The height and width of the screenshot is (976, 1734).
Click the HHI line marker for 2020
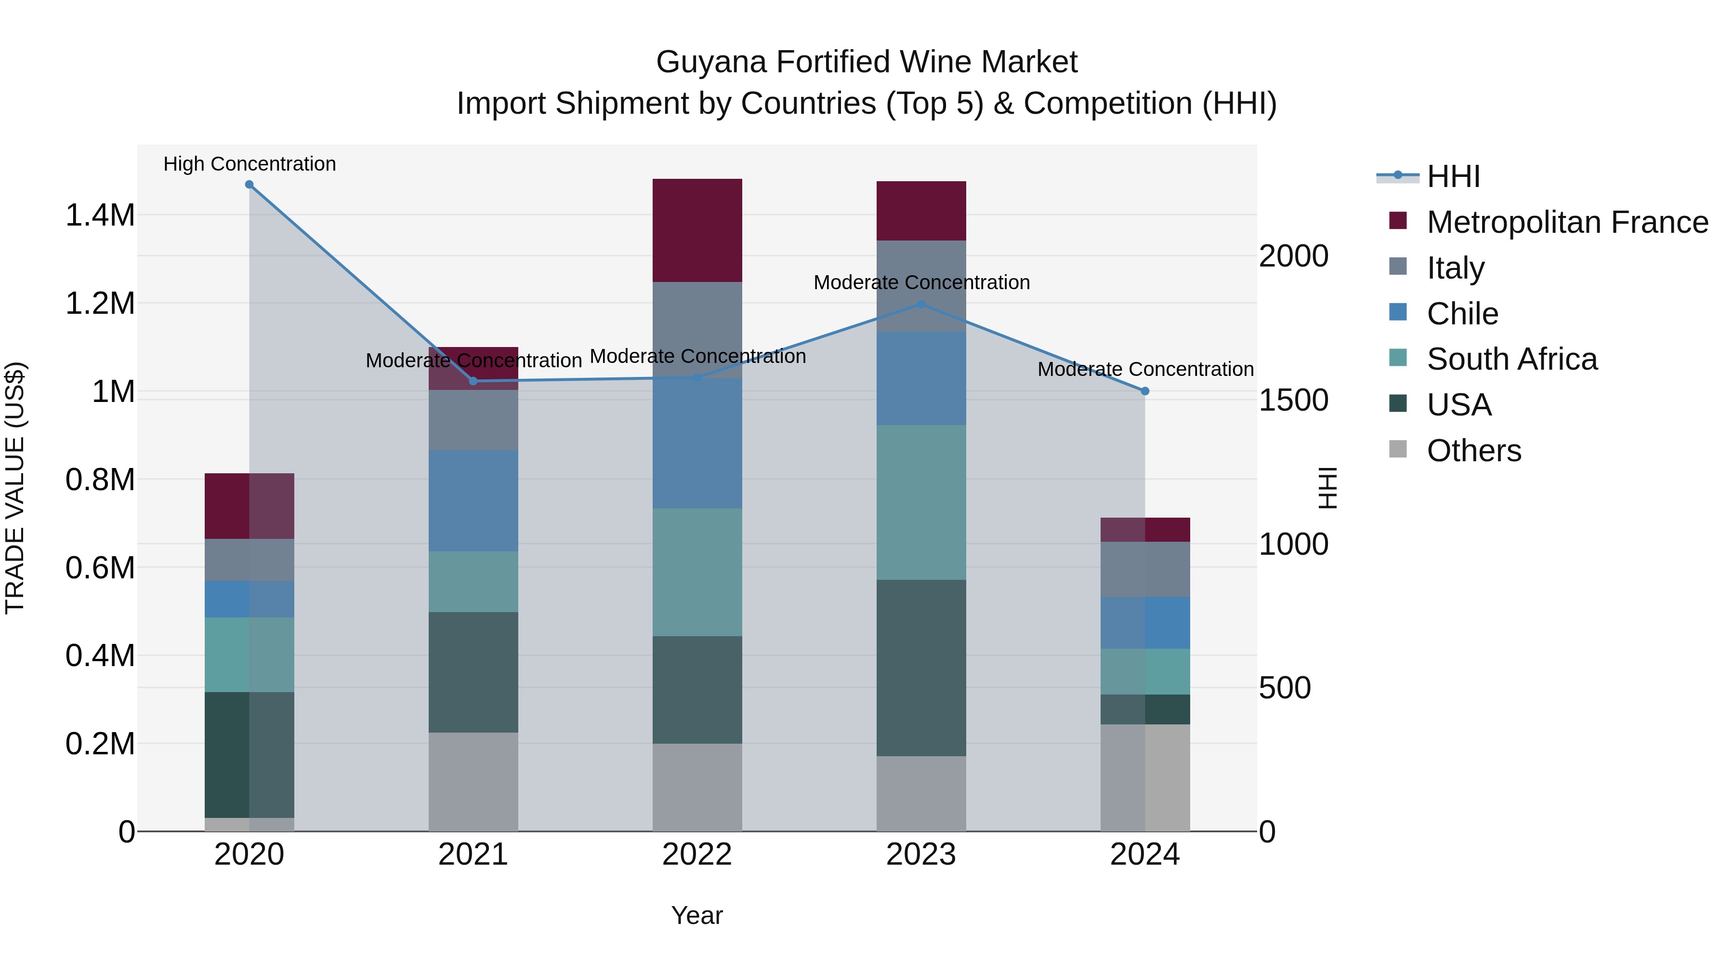249,185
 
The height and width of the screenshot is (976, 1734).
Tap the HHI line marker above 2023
921,305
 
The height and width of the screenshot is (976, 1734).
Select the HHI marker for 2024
1144,391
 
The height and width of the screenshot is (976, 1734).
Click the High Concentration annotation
249,164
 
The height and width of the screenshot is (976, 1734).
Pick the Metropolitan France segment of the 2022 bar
697,230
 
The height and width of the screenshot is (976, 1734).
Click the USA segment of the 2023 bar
921,668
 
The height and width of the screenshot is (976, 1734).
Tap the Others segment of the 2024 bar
1144,777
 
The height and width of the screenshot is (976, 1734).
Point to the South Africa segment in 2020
249,655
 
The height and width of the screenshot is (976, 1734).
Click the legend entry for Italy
1455,268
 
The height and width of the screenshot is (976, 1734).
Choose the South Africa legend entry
1511,359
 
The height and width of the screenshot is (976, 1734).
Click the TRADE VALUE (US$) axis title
15,488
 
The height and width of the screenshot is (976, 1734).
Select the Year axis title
696,915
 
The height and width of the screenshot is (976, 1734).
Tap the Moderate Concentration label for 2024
1144,369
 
